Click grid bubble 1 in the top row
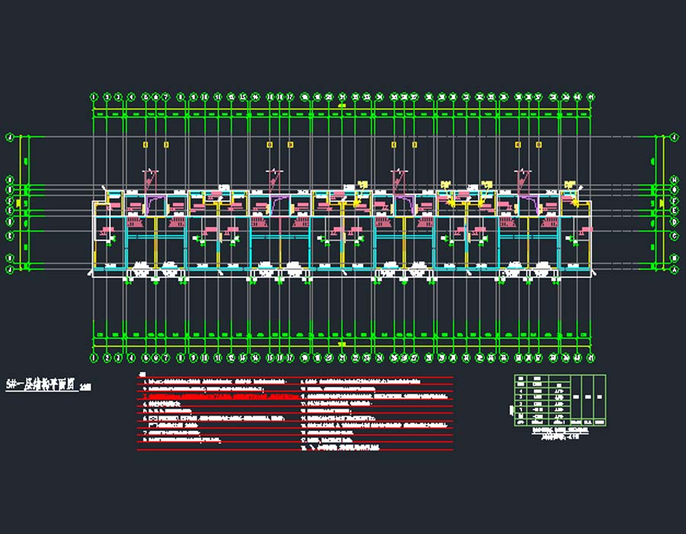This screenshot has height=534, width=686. coord(94,97)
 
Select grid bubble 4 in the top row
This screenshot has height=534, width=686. coord(131,97)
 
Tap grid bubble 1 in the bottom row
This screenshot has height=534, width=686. coord(94,358)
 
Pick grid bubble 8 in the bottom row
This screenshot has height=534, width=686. coord(181,358)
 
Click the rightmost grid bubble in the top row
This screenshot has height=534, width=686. coord(591,97)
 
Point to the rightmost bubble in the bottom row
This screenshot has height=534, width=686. coord(591,358)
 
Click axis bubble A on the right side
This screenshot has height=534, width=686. coord(675,269)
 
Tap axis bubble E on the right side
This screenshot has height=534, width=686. coord(675,210)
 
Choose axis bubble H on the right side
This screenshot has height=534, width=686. coord(675,180)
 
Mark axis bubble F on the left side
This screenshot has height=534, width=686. coord(10,201)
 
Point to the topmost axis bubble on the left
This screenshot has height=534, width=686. coord(10,138)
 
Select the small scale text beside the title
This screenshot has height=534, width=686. coord(85,388)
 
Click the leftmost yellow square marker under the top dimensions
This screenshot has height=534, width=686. coord(146,143)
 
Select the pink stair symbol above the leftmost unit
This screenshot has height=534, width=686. coord(135,223)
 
